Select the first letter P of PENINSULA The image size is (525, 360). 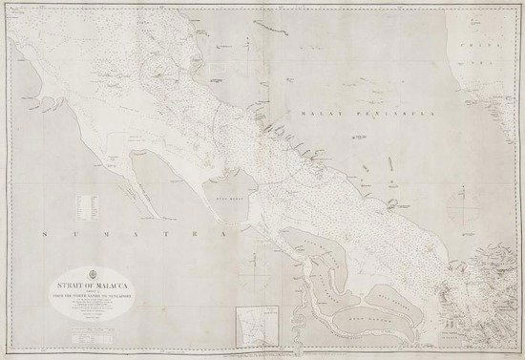point(354,113)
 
